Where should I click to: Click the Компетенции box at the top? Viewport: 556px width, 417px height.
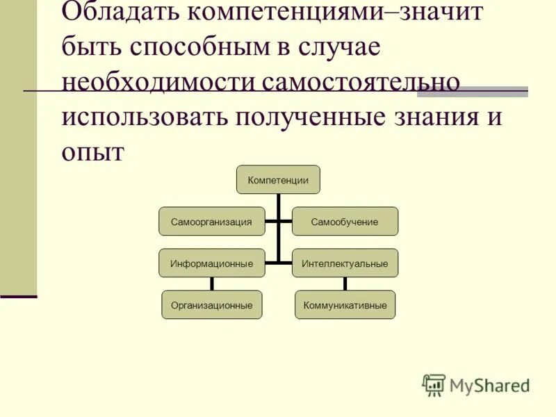pyautogui.click(x=278, y=180)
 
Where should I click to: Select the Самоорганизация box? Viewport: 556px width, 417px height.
pyautogui.click(x=211, y=222)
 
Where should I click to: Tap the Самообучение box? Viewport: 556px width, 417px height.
pyautogui.click(x=345, y=222)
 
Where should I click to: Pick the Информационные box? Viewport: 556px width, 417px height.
pyautogui.click(x=211, y=263)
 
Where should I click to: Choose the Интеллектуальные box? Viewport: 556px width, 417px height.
pyautogui.click(x=345, y=263)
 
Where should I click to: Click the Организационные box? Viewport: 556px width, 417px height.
pyautogui.click(x=211, y=305)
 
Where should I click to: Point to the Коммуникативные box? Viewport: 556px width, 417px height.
pyautogui.click(x=345, y=305)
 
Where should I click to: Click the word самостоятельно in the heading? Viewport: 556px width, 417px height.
pyautogui.click(x=361, y=82)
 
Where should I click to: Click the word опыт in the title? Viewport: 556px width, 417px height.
pyautogui.click(x=92, y=151)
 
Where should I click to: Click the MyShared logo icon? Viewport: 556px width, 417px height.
pyautogui.click(x=434, y=385)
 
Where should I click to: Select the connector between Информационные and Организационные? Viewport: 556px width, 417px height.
pyautogui.click(x=211, y=284)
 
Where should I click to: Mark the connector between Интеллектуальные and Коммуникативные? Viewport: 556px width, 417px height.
pyautogui.click(x=345, y=284)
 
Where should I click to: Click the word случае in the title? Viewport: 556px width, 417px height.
pyautogui.click(x=338, y=47)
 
